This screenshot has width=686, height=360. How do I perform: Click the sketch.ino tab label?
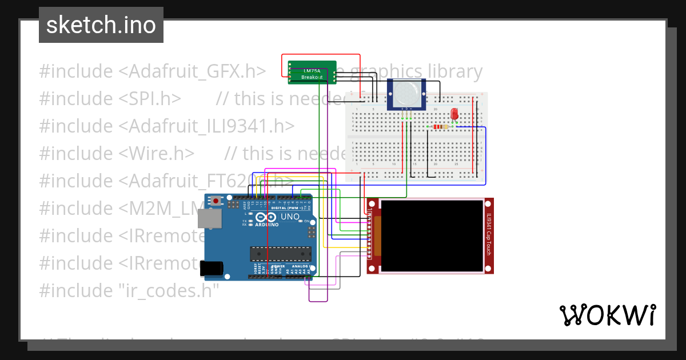click(x=101, y=25)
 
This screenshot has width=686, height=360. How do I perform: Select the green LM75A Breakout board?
click(x=312, y=73)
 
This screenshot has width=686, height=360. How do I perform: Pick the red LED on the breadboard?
click(x=454, y=114)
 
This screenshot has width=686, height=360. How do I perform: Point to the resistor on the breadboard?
click(x=441, y=126)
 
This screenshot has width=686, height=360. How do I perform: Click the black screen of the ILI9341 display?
click(x=432, y=235)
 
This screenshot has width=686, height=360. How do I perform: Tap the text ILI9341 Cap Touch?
click(x=488, y=235)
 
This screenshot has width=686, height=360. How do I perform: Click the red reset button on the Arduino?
click(x=216, y=201)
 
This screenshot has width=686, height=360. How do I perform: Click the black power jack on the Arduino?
click(x=212, y=267)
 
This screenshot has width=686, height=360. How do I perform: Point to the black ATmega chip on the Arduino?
click(x=281, y=253)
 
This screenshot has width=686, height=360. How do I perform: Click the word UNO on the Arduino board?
click(x=290, y=217)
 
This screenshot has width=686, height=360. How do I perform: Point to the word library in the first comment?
click(x=451, y=71)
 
